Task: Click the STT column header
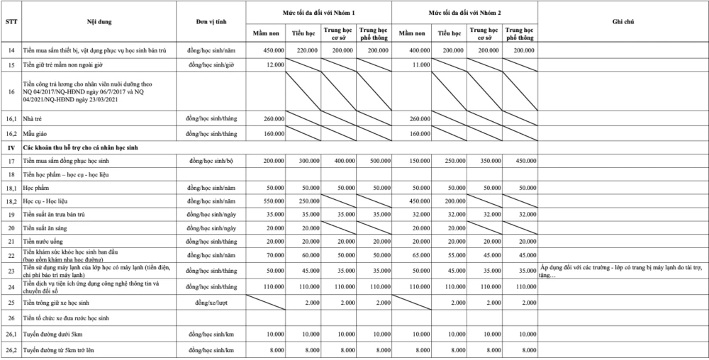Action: coord(11,23)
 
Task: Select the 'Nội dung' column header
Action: coord(99,23)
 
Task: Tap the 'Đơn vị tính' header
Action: coord(211,23)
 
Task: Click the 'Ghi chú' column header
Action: coord(623,23)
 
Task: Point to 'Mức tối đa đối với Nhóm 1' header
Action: coord(320,13)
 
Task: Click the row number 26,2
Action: coord(11,350)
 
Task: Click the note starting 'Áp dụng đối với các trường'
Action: coord(623,270)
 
